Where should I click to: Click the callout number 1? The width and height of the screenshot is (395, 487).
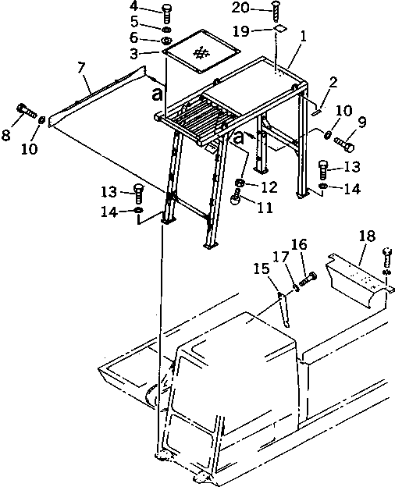pyautogui.click(x=304, y=37)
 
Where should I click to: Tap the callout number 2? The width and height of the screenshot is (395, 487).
pyautogui.click(x=333, y=82)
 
